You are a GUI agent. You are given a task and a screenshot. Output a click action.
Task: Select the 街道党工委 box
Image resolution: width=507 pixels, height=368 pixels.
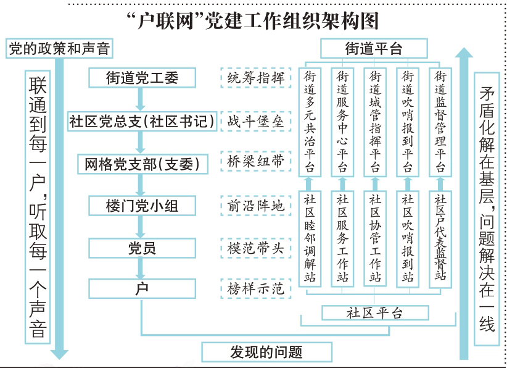pyautogui.click(x=142, y=78)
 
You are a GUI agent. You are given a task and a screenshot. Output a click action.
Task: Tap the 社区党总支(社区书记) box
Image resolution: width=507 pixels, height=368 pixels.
pyautogui.click(x=141, y=121)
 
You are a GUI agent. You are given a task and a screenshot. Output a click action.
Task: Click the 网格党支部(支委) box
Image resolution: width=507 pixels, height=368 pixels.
pyautogui.click(x=142, y=164)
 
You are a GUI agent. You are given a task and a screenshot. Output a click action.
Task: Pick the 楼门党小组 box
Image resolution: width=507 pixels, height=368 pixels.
pyautogui.click(x=142, y=205)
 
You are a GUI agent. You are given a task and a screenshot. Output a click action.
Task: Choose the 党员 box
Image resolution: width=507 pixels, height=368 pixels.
pyautogui.click(x=142, y=248)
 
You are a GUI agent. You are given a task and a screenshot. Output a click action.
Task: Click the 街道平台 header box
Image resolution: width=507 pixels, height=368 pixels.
pyautogui.click(x=374, y=49)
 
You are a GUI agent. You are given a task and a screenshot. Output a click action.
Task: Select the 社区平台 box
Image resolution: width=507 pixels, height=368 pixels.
pyautogui.click(x=374, y=312)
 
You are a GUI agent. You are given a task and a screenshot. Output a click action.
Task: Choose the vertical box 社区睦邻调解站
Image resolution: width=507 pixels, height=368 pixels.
pyautogui.click(x=310, y=238)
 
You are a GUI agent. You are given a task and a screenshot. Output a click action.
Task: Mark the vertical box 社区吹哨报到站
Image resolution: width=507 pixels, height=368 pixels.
pyautogui.click(x=408, y=238)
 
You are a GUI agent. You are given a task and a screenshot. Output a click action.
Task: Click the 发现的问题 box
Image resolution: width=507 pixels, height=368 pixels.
pyautogui.click(x=266, y=353)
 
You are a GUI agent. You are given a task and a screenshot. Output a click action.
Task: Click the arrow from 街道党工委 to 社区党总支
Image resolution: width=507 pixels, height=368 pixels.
pyautogui.click(x=142, y=99)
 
